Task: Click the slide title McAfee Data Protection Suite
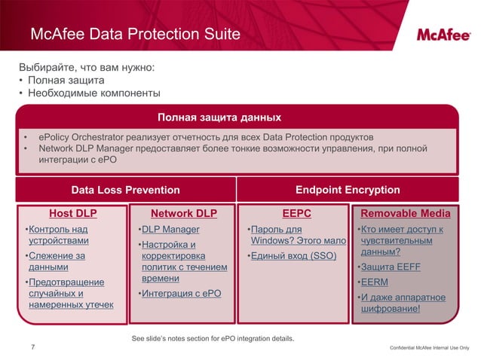click(x=135, y=35)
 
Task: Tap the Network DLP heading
click(x=184, y=213)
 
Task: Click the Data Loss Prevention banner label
click(x=125, y=190)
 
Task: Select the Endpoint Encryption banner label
click(x=348, y=190)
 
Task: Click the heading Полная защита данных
click(x=219, y=117)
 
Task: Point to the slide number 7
click(x=32, y=346)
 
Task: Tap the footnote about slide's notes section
click(x=213, y=339)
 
